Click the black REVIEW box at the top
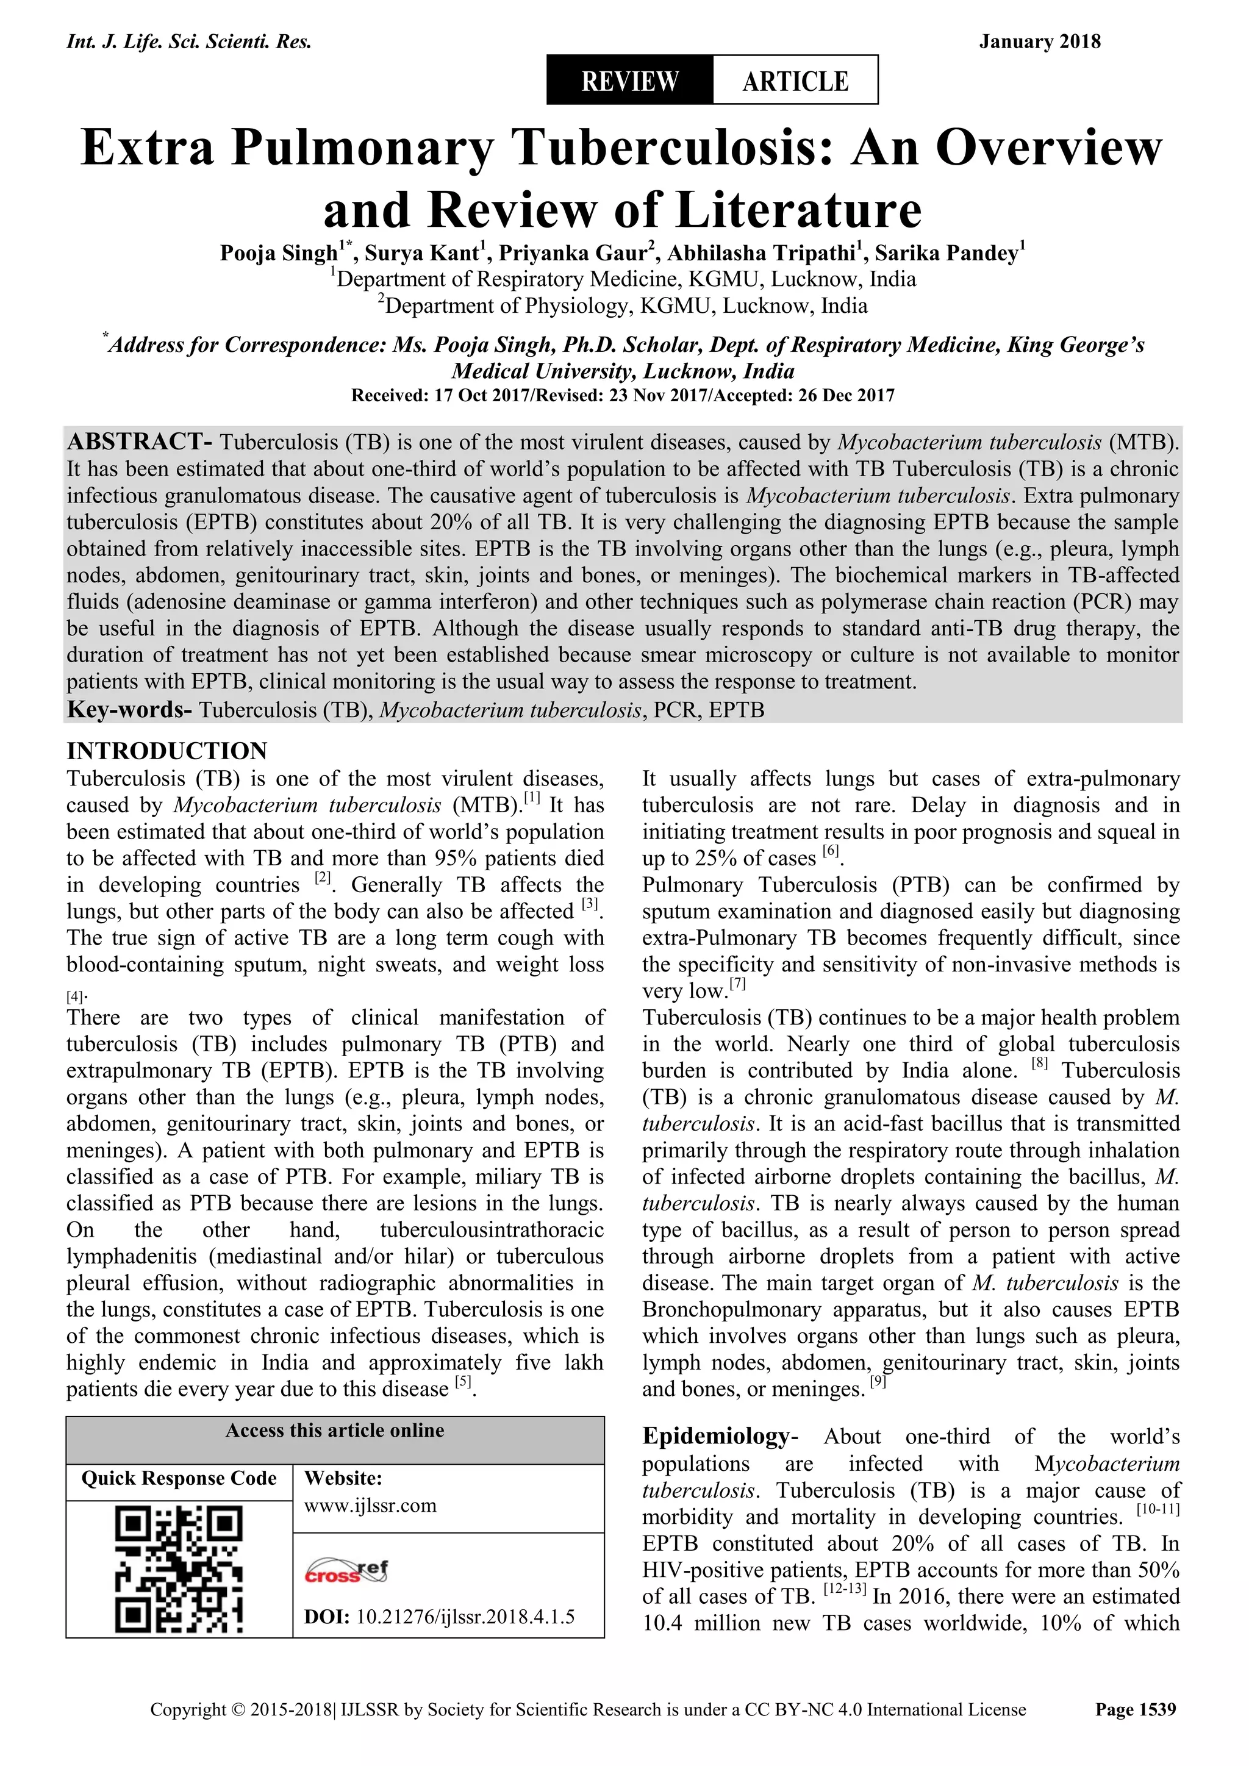coord(630,80)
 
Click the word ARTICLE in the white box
coord(795,80)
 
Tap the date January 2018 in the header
coord(1039,41)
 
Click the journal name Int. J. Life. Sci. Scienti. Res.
coord(189,41)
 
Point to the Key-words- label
coord(129,709)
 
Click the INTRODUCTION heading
coord(167,751)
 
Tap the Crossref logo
coord(347,1571)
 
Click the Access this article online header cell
coord(335,1431)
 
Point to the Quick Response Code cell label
coord(179,1478)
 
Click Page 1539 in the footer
coord(1135,1731)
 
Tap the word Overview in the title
coord(1049,148)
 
